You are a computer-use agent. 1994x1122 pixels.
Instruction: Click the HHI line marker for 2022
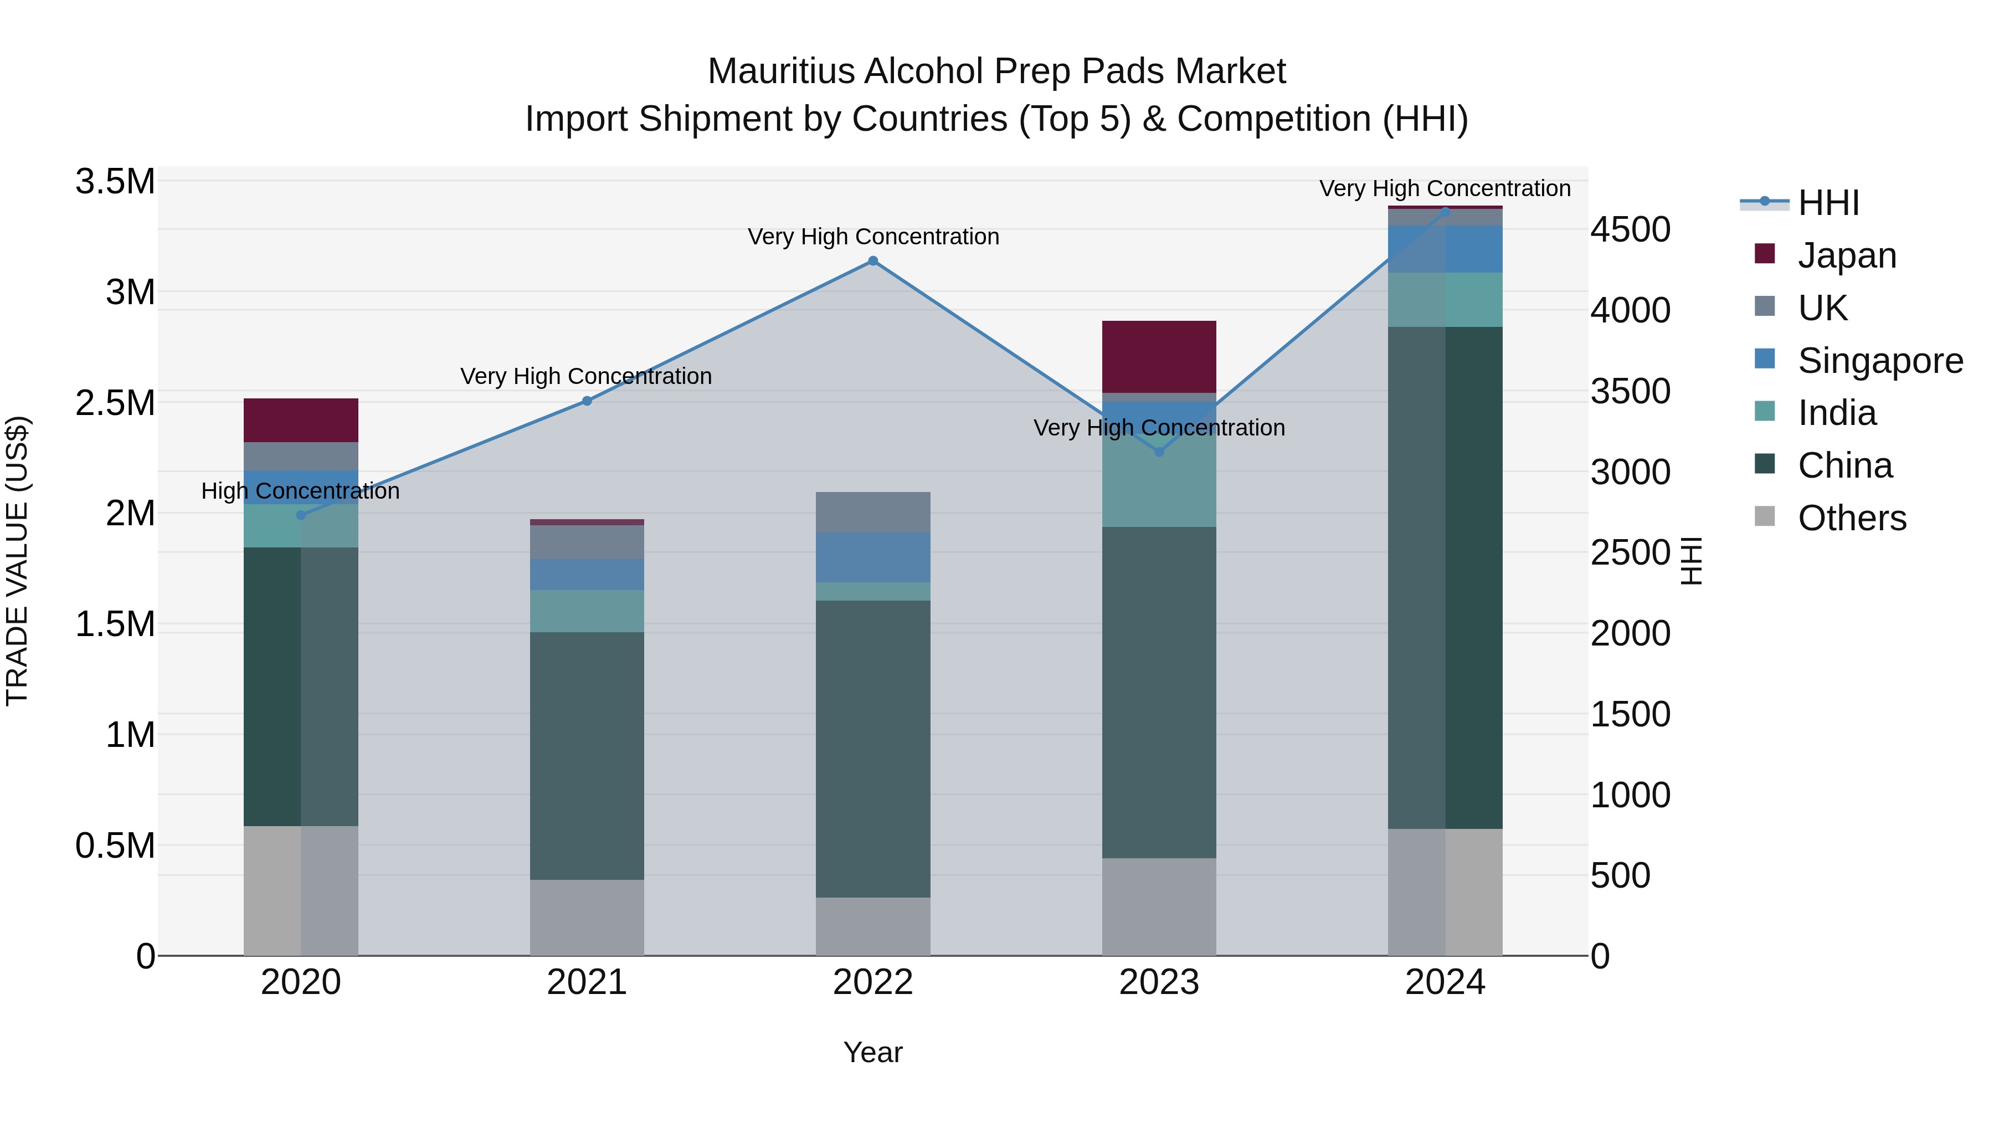coord(872,261)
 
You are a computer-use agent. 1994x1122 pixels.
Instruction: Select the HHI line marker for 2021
coord(587,401)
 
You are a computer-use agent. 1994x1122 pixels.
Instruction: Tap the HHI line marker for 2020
coord(301,515)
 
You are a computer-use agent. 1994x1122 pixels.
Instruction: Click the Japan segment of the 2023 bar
coord(1159,357)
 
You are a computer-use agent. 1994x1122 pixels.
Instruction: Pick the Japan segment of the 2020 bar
coord(301,421)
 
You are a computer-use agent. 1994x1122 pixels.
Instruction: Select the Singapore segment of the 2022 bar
coord(872,557)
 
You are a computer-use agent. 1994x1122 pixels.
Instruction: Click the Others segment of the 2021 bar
coord(587,918)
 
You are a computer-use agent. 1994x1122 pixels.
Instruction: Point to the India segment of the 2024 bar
coord(1445,300)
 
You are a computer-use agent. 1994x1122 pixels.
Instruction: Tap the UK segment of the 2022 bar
coord(872,513)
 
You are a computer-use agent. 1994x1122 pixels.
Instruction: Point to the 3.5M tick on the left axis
coord(115,182)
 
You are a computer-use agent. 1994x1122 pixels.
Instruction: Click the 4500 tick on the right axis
coord(1630,230)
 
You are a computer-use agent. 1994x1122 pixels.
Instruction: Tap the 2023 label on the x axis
coord(1159,982)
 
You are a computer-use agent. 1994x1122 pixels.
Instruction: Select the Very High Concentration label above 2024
coord(1445,189)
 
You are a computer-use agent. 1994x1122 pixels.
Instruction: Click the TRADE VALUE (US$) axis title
coord(17,561)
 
